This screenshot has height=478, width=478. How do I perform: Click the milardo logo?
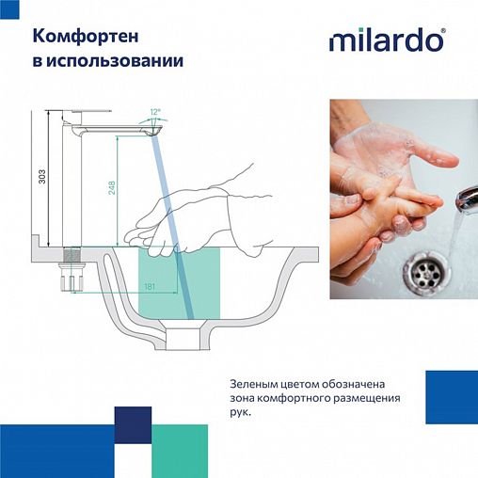pos(386,40)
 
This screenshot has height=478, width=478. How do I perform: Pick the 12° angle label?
pos(155,112)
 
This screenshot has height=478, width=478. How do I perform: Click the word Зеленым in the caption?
pos(257,384)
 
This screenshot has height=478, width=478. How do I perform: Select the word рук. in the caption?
pos(240,411)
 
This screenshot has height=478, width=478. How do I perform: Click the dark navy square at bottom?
pos(133,424)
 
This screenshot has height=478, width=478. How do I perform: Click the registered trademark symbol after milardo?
pos(443,31)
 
